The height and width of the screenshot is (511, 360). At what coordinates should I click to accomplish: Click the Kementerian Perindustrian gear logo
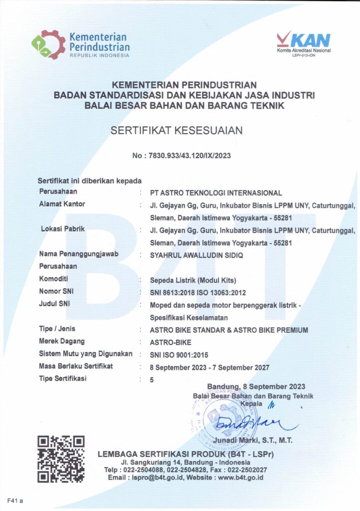[x=48, y=44]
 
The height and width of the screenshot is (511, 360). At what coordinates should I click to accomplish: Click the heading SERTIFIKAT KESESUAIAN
[x=177, y=131]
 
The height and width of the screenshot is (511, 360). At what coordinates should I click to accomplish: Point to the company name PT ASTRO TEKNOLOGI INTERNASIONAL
[x=216, y=193]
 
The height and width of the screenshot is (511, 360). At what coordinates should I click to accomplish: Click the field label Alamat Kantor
[x=62, y=204]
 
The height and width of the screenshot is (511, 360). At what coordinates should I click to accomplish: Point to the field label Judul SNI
[x=55, y=303]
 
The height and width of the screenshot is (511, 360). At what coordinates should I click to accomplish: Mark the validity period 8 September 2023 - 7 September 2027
[x=210, y=367]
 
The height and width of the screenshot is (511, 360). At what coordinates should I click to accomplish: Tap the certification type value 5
[x=152, y=380]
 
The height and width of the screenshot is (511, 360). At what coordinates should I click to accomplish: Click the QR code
[x=61, y=459]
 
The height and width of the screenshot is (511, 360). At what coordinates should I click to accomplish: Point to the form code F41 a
[x=15, y=500]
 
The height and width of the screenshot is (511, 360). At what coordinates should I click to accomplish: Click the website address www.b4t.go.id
[x=240, y=478]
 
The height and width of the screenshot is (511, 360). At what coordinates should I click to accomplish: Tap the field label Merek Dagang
[x=61, y=341]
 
